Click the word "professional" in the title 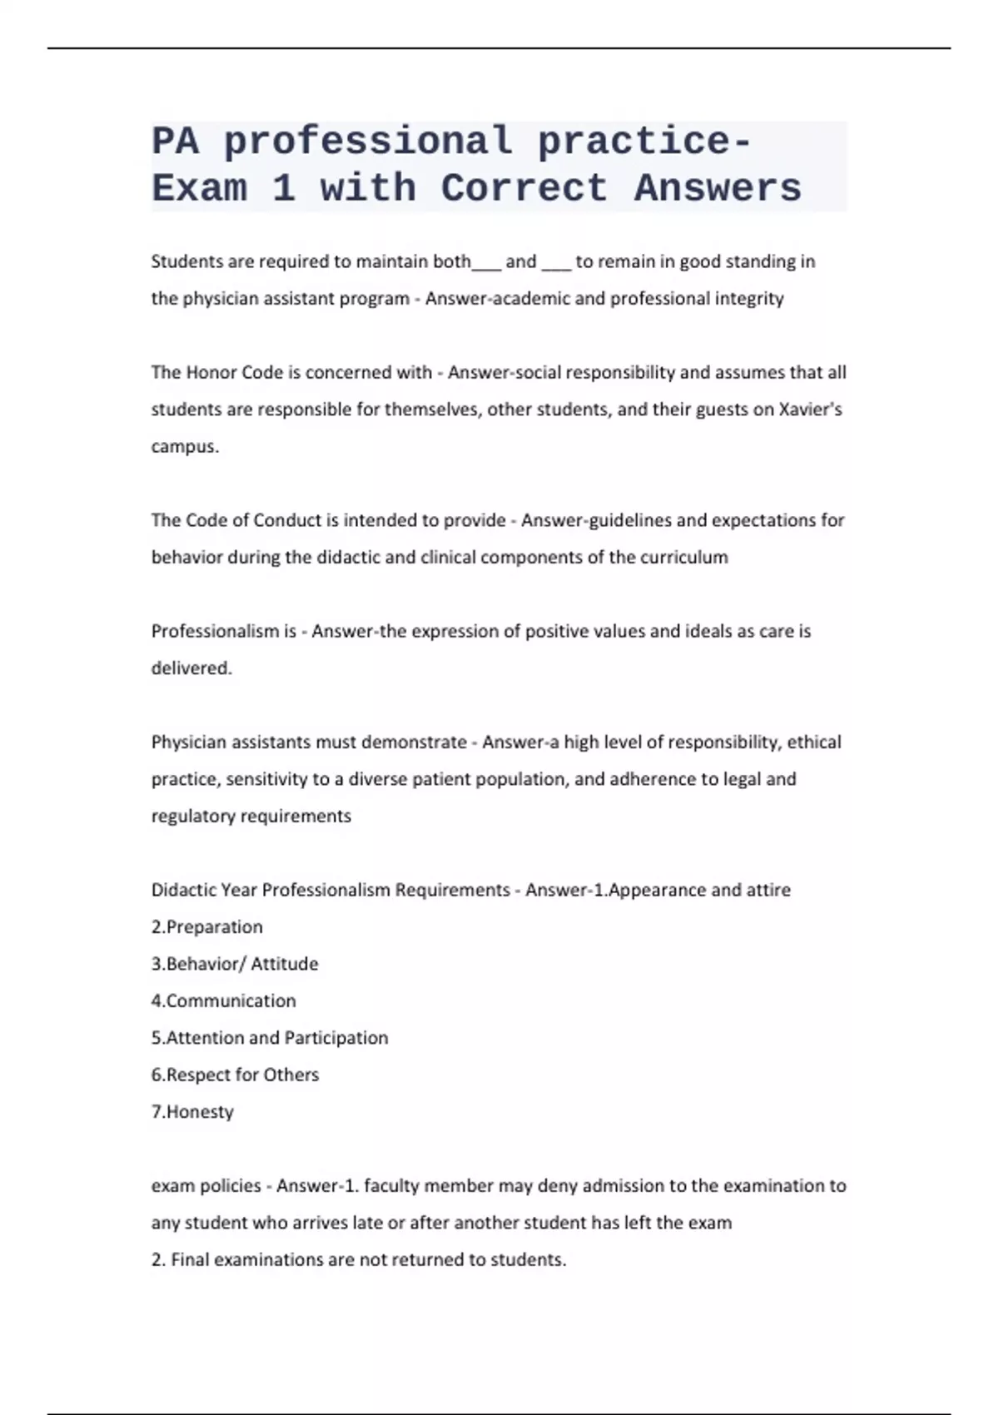click(368, 141)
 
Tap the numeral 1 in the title click(284, 189)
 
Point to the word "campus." click(185, 446)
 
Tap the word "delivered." click(191, 668)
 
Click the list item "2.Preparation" click(206, 926)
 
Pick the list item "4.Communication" click(223, 1000)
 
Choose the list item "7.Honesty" click(192, 1111)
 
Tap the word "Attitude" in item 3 click(285, 964)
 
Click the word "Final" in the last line click(190, 1259)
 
